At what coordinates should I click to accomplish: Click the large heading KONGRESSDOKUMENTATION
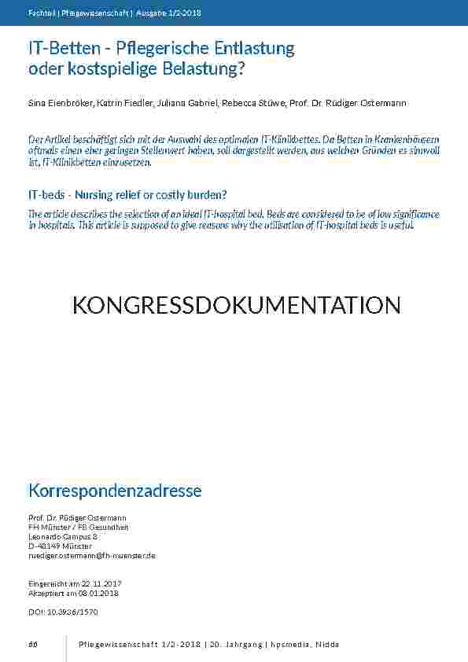pos(236,305)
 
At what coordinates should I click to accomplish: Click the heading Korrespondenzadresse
pos(115,491)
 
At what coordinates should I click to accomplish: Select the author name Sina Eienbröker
pos(60,104)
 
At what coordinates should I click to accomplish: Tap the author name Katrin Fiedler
pos(120,104)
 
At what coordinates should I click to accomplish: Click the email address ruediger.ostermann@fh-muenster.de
pos(91,555)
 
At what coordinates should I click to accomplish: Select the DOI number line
pos(63,611)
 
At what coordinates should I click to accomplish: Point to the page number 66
pos(33,644)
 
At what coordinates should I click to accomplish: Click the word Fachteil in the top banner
pos(40,13)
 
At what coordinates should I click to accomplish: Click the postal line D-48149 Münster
pos(60,546)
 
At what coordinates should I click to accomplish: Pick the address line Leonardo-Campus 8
pos(63,536)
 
